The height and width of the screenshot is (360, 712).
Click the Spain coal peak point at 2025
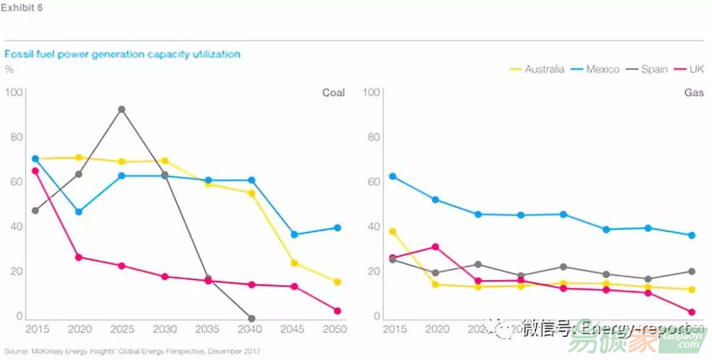[121, 109]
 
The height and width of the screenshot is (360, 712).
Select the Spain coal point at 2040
[251, 318]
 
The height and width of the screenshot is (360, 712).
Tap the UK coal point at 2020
[78, 257]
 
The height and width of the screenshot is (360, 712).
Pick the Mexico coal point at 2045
[294, 235]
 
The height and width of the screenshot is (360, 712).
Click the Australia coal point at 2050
[338, 282]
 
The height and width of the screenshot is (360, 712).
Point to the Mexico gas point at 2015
[393, 177]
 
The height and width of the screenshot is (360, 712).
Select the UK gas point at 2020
[435, 247]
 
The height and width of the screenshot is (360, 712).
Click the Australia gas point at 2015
[393, 231]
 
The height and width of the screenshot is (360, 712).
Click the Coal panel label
[333, 92]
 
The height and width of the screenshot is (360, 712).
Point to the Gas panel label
[694, 92]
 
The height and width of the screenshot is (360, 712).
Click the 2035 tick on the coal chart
[208, 329]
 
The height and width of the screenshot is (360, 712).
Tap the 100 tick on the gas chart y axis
[371, 92]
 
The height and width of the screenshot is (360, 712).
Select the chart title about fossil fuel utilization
[123, 54]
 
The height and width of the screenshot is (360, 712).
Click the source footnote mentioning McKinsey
[133, 351]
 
